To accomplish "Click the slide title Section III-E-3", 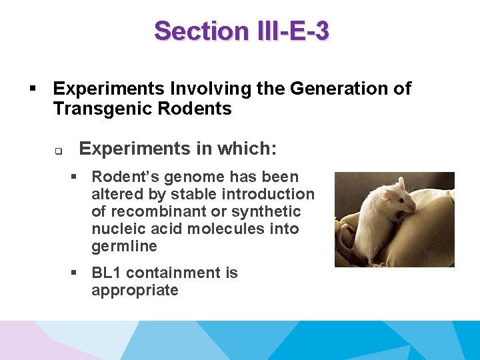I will click(x=241, y=31).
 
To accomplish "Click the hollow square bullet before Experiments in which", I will click(x=58, y=151).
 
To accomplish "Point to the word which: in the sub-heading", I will click(x=249, y=149).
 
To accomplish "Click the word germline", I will click(x=124, y=247).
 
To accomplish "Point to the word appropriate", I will click(x=135, y=291).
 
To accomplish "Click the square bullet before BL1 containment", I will click(x=75, y=273).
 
